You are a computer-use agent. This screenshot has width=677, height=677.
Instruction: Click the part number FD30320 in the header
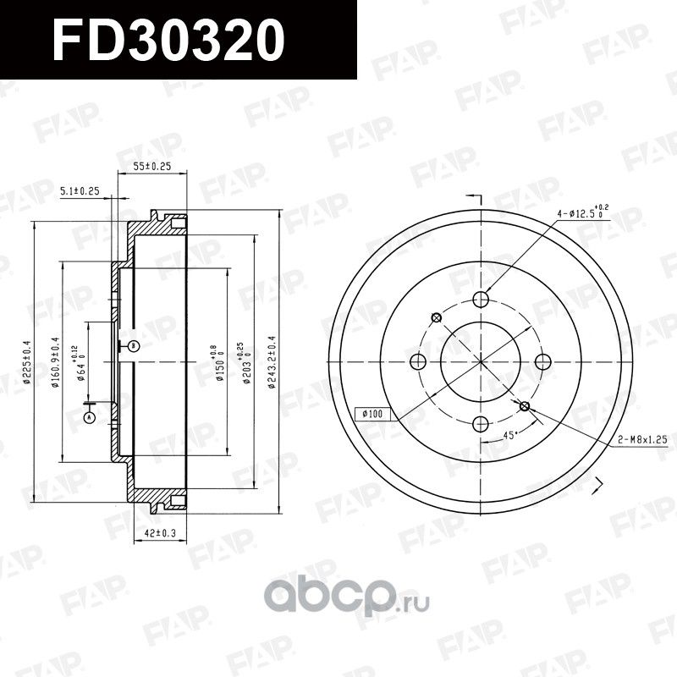(166, 40)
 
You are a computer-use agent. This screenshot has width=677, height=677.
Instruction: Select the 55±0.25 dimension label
(152, 167)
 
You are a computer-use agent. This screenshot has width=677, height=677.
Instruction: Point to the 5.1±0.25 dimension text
(80, 192)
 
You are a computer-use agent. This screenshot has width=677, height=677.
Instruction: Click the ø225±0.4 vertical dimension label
(27, 361)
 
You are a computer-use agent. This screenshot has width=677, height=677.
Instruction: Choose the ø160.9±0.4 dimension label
(55, 361)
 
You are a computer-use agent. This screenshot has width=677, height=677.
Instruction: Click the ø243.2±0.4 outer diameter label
(272, 361)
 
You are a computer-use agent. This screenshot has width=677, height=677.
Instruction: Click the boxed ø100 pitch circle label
(372, 414)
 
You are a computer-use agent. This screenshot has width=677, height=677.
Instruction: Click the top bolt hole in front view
(481, 299)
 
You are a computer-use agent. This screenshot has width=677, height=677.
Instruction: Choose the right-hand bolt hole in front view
(543, 361)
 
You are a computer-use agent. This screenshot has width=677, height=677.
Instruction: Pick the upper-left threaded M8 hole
(437, 317)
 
